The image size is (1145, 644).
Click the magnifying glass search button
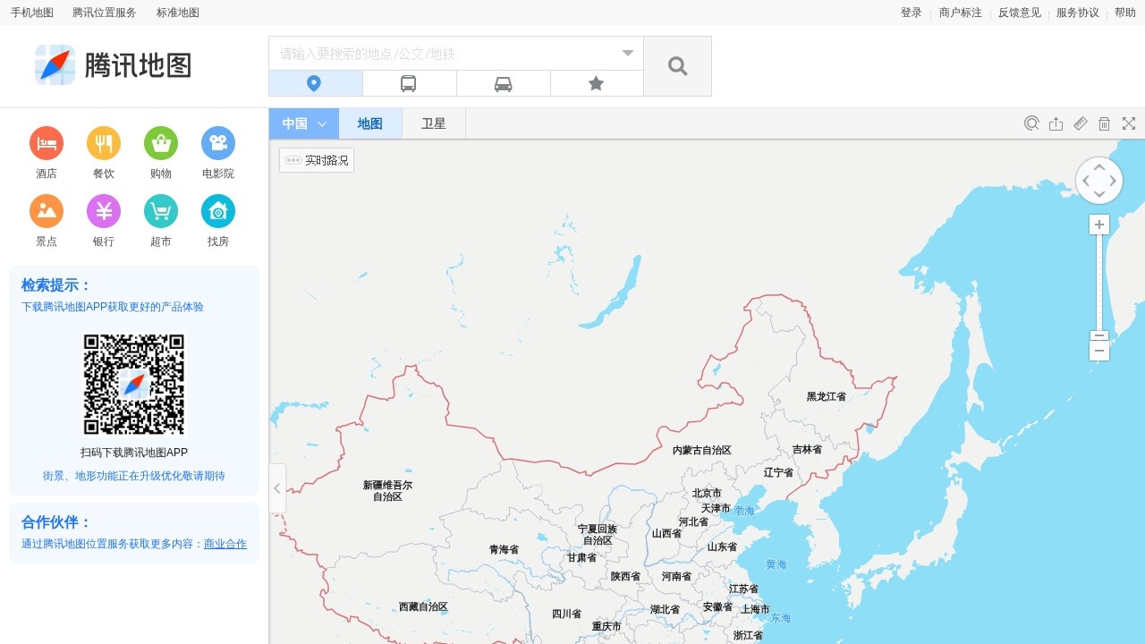point(677,66)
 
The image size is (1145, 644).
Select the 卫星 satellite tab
point(434,123)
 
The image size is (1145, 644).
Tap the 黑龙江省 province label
point(826,396)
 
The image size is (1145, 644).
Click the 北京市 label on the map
point(706,493)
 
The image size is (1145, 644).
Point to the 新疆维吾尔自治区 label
point(387,490)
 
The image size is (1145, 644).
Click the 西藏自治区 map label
point(423,606)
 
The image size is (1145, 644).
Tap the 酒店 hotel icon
point(47,143)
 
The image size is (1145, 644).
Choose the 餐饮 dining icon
point(104,143)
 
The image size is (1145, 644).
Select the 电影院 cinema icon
point(218,143)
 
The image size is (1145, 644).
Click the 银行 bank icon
point(104,211)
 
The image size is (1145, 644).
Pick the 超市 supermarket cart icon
point(161,211)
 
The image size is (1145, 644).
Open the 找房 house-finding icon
point(218,211)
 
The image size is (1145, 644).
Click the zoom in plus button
point(1099,225)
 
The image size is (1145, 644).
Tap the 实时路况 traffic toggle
point(317,160)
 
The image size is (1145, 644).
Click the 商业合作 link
point(225,544)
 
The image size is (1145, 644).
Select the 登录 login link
point(911,13)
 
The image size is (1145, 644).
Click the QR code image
point(134,385)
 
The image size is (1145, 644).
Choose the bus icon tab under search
point(409,83)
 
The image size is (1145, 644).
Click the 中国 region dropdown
point(304,123)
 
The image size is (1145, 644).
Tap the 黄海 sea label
point(776,564)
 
